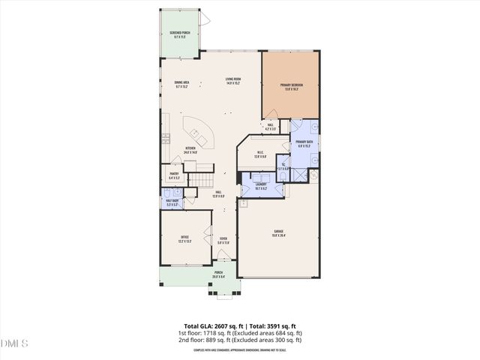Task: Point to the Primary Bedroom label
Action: click(290, 87)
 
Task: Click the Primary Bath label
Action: click(304, 143)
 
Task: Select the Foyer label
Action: click(223, 241)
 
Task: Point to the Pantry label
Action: click(173, 176)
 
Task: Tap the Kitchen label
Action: click(190, 150)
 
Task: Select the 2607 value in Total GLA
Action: click(216, 325)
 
